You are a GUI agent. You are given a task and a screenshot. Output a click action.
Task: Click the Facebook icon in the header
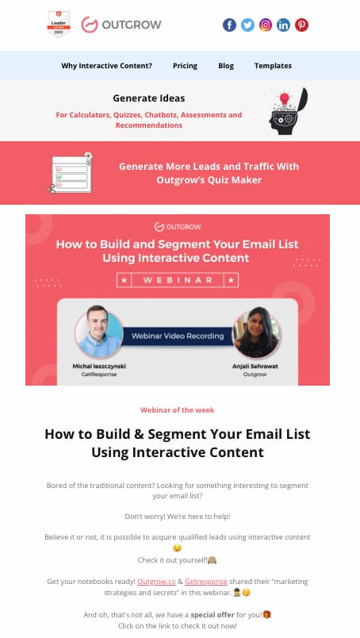tap(229, 25)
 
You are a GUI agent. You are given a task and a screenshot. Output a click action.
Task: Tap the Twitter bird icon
tap(247, 25)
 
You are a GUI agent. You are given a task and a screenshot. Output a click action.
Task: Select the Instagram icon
tap(265, 25)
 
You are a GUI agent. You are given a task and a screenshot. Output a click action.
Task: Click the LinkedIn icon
tap(284, 25)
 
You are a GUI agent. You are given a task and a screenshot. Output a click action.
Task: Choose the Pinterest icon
tap(301, 25)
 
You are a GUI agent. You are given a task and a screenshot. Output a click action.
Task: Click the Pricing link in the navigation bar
tap(185, 66)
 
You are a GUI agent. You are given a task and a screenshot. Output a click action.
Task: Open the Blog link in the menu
tap(226, 66)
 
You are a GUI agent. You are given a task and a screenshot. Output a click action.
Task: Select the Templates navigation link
tap(273, 66)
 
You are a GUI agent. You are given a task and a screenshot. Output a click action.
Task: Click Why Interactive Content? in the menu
tap(106, 66)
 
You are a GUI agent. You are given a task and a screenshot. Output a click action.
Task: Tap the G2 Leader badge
tap(59, 24)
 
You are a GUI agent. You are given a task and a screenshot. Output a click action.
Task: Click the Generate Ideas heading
tap(149, 98)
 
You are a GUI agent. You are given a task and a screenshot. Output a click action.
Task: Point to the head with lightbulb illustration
tap(288, 111)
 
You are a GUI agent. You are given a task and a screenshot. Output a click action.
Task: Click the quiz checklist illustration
tap(71, 173)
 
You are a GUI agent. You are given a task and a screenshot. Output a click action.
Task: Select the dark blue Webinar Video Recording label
tap(178, 336)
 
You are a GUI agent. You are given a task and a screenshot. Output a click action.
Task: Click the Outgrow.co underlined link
tap(157, 582)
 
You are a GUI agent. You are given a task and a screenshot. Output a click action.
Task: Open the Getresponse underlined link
tap(206, 582)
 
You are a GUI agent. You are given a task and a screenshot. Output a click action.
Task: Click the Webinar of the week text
tap(178, 410)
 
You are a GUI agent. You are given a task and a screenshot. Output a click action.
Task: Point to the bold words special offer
tap(213, 614)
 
